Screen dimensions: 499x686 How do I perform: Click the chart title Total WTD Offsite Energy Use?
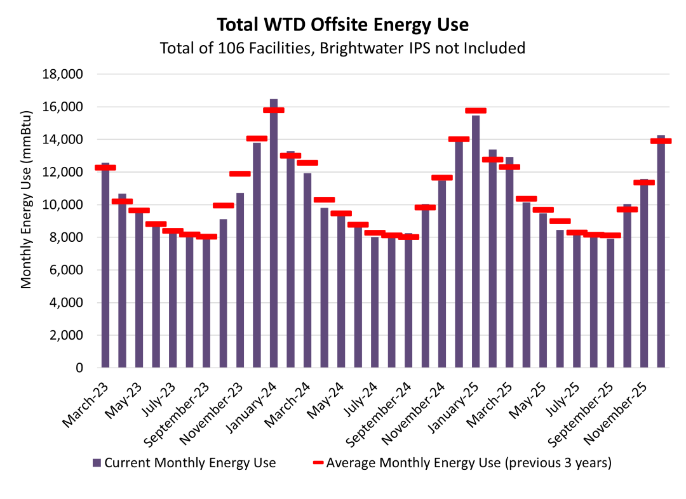pyautogui.click(x=342, y=25)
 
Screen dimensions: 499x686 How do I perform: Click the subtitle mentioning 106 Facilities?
pyautogui.click(x=342, y=48)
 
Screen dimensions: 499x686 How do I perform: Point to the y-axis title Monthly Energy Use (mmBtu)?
pyautogui.click(x=26, y=221)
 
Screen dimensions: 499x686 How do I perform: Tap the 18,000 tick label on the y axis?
pyautogui.click(x=62, y=74)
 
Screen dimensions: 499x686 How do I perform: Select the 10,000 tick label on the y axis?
pyautogui.click(x=62, y=205)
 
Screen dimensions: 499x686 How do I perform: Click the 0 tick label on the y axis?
pyautogui.click(x=79, y=368)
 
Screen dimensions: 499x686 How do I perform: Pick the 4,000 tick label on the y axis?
pyautogui.click(x=65, y=303)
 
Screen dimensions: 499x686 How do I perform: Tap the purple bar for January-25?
pyautogui.click(x=476, y=241)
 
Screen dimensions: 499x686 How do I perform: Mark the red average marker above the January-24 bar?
pyautogui.click(x=274, y=110)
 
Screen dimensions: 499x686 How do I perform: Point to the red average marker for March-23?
pyautogui.click(x=105, y=168)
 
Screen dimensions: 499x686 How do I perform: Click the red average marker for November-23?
pyautogui.click(x=240, y=173)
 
